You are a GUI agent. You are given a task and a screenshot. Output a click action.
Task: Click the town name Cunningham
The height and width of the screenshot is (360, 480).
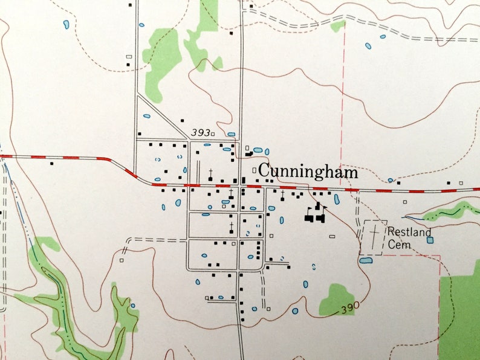[x=308, y=172]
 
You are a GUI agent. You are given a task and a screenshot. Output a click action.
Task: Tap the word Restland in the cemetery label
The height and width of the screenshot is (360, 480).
[x=409, y=232]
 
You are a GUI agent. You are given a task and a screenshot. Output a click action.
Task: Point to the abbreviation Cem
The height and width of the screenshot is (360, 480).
[x=399, y=245]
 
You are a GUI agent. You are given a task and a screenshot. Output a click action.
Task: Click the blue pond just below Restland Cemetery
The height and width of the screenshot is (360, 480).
[x=366, y=261]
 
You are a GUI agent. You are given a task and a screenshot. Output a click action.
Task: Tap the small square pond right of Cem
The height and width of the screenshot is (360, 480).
[x=430, y=240]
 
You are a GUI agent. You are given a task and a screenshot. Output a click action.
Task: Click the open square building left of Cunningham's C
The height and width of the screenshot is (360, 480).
[x=254, y=170]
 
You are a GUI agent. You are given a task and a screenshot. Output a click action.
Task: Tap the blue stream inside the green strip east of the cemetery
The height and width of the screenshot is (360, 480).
[x=447, y=213]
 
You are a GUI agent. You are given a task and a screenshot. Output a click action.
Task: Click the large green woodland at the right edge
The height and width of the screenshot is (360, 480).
[x=461, y=314]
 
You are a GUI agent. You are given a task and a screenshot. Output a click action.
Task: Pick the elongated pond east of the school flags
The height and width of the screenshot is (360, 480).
[x=337, y=199]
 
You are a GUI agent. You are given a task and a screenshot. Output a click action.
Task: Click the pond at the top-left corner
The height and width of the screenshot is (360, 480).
[x=66, y=24]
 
